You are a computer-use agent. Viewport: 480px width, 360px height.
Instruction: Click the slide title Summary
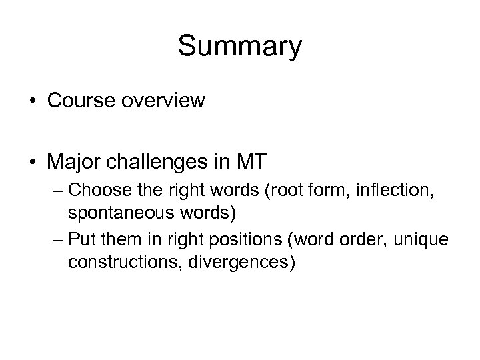(x=240, y=47)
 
